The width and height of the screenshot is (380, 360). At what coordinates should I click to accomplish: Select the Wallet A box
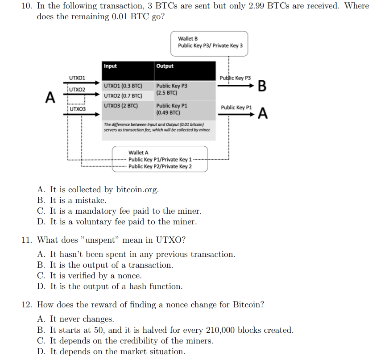click(x=160, y=159)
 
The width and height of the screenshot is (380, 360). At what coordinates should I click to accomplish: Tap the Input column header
click(x=110, y=66)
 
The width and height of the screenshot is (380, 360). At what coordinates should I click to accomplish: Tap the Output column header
click(x=165, y=66)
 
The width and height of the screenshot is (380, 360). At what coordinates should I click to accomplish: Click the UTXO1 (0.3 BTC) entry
click(x=123, y=86)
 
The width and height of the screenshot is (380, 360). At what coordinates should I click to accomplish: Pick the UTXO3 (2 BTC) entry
click(x=121, y=106)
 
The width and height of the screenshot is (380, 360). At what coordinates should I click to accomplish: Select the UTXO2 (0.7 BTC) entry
click(x=123, y=95)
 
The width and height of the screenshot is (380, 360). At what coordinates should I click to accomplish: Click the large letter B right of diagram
click(x=262, y=86)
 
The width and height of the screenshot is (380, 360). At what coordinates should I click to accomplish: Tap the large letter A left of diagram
click(x=51, y=97)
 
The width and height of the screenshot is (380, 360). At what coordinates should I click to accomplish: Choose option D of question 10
click(x=123, y=222)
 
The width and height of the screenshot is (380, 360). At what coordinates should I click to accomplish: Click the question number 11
click(x=27, y=240)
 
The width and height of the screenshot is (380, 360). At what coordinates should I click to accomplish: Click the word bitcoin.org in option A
click(x=137, y=190)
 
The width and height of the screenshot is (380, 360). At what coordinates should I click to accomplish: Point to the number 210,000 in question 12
click(x=220, y=330)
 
